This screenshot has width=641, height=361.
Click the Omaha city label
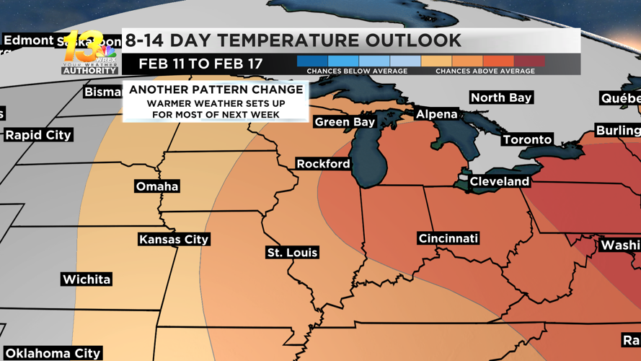pyautogui.click(x=157, y=186)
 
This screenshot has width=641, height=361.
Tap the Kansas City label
pyautogui.click(x=174, y=240)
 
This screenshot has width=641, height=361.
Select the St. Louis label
pyautogui.click(x=292, y=253)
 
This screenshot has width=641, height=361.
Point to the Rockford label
pyautogui.click(x=323, y=164)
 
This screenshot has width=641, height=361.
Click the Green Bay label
pyautogui.click(x=345, y=122)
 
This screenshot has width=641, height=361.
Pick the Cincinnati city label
pyautogui.click(x=448, y=238)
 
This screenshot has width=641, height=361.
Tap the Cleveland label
pyautogui.click(x=499, y=181)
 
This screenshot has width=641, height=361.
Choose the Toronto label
pyautogui.click(x=527, y=139)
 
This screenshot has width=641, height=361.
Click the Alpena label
pyautogui.click(x=437, y=114)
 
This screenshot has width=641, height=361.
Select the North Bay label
pyautogui.click(x=501, y=97)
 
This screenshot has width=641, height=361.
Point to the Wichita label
pyautogui.click(x=87, y=279)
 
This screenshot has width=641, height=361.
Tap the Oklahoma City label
pyautogui.click(x=53, y=353)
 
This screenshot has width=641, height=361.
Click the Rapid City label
pyautogui.click(x=38, y=135)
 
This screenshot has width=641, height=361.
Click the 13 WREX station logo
pyautogui.click(x=89, y=53)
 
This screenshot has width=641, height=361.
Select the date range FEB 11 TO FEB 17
pyautogui.click(x=200, y=64)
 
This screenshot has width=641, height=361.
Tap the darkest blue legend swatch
pyautogui.click(x=312, y=61)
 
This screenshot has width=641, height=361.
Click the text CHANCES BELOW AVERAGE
pyautogui.click(x=357, y=71)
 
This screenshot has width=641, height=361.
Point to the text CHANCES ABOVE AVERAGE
pyautogui.click(x=485, y=71)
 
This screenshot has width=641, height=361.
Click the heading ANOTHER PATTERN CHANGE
pyautogui.click(x=216, y=90)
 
